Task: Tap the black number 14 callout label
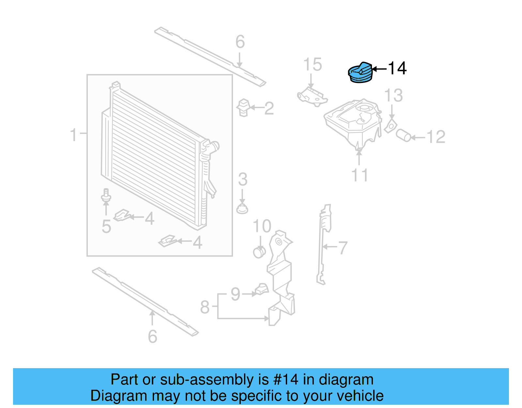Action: click(397, 68)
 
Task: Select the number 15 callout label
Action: click(312, 65)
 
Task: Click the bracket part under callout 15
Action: click(312, 96)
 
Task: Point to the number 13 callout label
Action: click(393, 95)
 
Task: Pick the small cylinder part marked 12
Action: click(403, 135)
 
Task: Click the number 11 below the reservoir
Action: click(360, 175)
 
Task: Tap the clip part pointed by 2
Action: click(244, 107)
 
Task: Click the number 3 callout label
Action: click(242, 179)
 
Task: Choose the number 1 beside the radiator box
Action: click(74, 135)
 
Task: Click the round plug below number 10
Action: click(259, 252)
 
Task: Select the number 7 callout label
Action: click(343, 248)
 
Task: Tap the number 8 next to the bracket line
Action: click(205, 307)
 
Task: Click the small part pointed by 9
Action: click(262, 289)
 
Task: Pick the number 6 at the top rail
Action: click(240, 42)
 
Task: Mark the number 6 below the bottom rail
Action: click(152, 336)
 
